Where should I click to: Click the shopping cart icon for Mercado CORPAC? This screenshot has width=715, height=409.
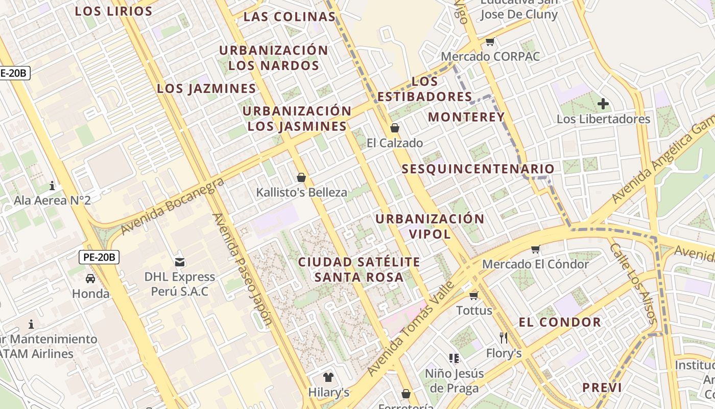(490, 42)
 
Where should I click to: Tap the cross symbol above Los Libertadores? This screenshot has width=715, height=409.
(603, 104)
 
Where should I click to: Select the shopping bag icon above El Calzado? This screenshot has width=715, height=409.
(394, 128)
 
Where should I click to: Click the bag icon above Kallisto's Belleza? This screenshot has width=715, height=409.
(301, 177)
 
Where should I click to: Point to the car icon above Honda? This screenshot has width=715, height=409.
(90, 279)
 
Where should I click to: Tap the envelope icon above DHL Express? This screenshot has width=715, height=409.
(180, 262)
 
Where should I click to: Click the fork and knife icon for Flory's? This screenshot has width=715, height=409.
(504, 337)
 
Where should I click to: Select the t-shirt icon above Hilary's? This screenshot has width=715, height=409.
(328, 377)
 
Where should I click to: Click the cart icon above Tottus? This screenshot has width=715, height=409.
(474, 296)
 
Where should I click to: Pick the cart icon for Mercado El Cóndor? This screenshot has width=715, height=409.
(535, 249)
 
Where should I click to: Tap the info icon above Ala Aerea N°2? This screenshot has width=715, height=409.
(52, 185)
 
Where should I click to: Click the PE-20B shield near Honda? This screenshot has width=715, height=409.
(100, 257)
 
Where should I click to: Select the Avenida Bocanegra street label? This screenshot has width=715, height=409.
(173, 207)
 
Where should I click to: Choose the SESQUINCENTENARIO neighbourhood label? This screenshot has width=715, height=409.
(478, 169)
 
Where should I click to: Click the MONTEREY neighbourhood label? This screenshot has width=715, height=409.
(466, 117)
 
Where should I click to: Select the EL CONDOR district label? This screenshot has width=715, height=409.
(560, 322)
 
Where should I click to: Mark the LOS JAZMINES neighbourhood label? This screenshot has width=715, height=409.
(206, 88)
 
